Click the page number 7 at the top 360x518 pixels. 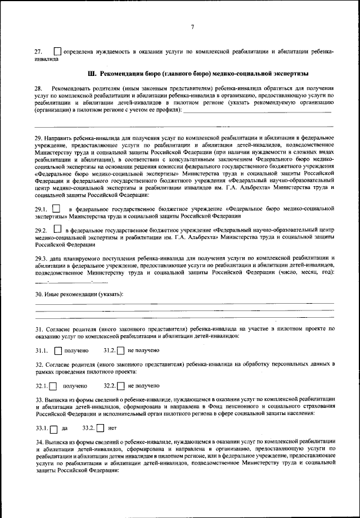click(192, 27)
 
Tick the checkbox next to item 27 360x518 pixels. click(57, 51)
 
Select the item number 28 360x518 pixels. click(38, 89)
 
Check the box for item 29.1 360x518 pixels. click(56, 209)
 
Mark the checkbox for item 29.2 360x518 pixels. click(57, 229)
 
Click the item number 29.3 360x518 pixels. click(43, 258)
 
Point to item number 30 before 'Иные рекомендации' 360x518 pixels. click(38, 295)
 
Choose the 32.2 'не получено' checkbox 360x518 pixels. click(120, 386)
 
